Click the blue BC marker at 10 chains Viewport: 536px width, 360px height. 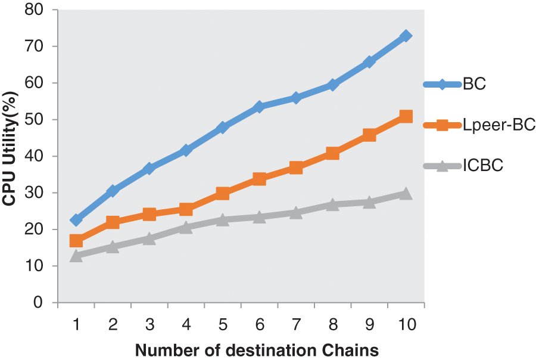click(x=406, y=36)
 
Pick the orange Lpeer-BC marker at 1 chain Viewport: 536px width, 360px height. click(x=76, y=241)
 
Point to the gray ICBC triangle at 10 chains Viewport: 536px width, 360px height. click(x=406, y=193)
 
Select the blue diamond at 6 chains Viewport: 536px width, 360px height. click(x=259, y=107)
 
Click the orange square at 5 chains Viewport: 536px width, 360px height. click(x=223, y=193)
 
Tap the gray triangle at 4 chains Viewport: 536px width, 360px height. click(x=186, y=227)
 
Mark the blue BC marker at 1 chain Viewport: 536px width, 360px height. click(x=76, y=220)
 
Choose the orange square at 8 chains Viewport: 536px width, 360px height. click(x=332, y=153)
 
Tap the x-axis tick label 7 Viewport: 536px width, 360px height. click(x=296, y=325)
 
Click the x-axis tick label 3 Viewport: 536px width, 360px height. click(x=149, y=325)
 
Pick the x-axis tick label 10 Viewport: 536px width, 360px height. click(x=406, y=325)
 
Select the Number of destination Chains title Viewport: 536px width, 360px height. click(x=257, y=350)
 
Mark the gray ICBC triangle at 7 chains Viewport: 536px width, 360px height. click(x=296, y=212)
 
